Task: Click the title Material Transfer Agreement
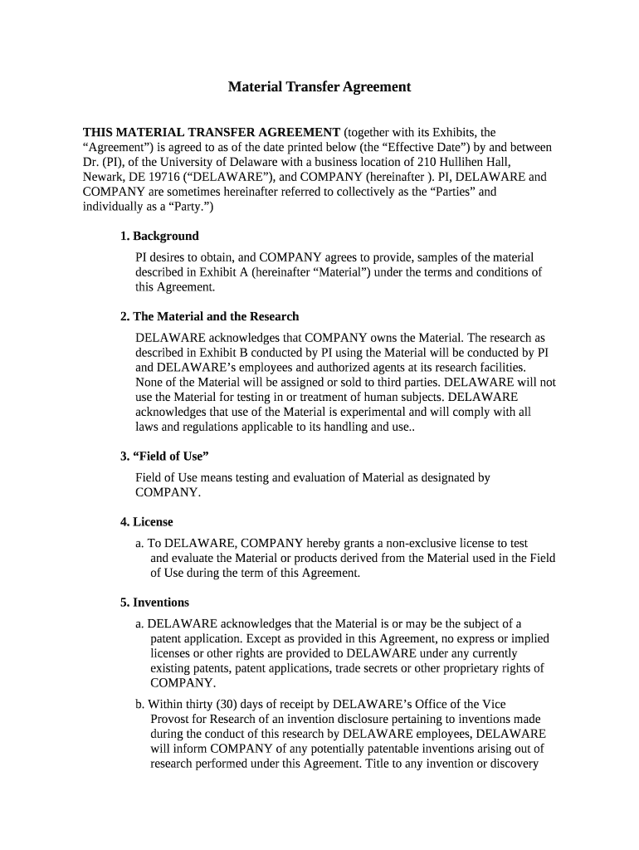[319, 86]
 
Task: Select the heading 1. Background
[159, 236]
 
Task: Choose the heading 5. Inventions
[154, 603]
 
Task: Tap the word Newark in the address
[101, 177]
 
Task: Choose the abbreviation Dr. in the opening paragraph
[91, 162]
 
